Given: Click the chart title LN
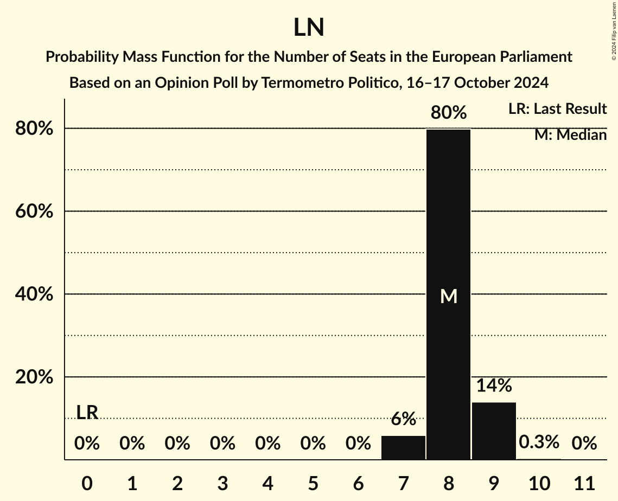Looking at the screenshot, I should (309, 28).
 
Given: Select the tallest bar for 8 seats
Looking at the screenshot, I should (448, 294).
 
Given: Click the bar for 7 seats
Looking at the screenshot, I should (403, 447).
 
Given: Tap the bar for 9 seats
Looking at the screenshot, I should (494, 431).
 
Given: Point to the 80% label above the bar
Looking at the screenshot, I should (448, 113).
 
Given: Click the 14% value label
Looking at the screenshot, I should (494, 386).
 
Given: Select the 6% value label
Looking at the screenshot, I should (403, 419).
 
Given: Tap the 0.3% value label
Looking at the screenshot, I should (539, 442).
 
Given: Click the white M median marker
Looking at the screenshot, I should (448, 296).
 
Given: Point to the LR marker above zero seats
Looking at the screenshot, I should (87, 413).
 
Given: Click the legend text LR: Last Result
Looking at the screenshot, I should (557, 109).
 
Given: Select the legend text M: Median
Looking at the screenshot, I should (570, 135).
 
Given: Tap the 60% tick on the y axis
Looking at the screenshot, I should (33, 211).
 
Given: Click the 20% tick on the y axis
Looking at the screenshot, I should (33, 377).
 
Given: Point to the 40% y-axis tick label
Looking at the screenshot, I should (33, 294).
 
